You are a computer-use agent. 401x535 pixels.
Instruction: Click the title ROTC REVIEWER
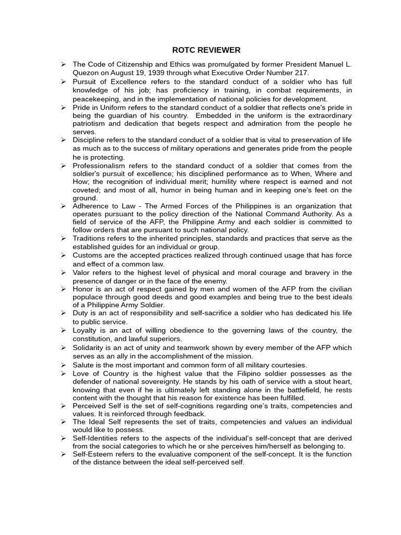206,50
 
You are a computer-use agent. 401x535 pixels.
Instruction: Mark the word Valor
81,272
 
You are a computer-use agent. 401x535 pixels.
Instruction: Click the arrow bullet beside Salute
63,365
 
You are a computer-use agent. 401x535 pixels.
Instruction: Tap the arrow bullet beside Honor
63,289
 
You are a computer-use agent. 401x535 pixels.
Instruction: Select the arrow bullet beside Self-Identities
63,438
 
